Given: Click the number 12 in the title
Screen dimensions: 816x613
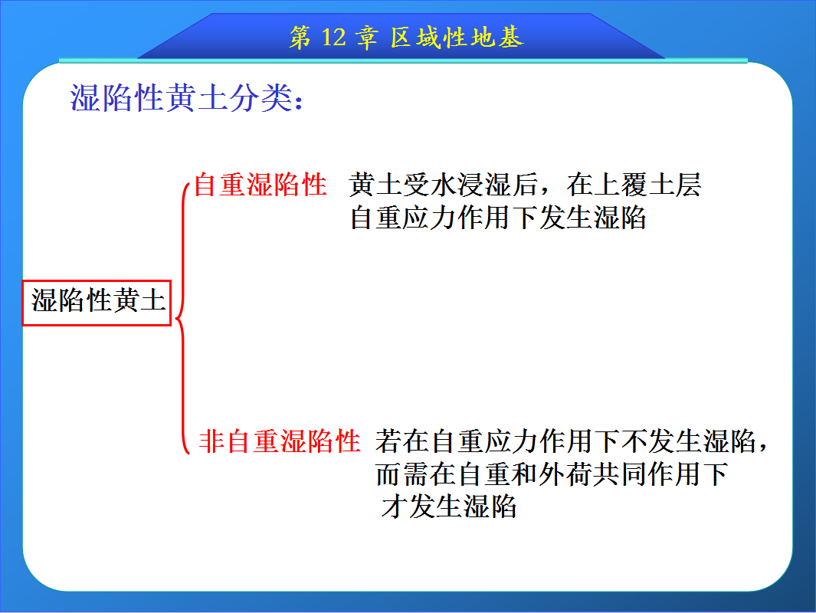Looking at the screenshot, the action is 333,38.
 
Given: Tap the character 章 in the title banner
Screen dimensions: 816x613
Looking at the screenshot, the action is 366,38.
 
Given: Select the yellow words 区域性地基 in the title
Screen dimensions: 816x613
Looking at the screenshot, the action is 457,38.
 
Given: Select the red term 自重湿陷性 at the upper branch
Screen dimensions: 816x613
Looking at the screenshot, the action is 261,185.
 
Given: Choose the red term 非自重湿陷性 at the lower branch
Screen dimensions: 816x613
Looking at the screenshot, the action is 280,441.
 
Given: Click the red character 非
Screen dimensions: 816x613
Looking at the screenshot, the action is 211,441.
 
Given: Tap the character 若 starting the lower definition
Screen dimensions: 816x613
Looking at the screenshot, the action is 388,441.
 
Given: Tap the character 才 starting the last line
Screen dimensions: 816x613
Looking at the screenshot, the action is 394,506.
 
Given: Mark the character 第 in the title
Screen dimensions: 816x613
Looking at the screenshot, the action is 301,38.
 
